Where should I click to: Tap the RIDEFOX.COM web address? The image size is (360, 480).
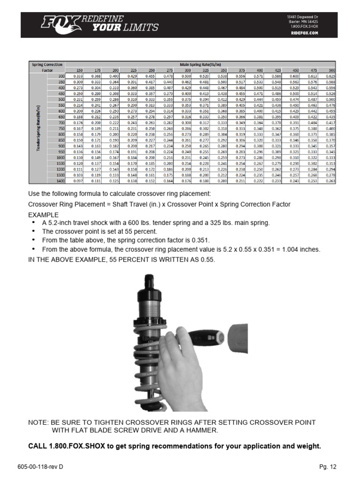click(304, 33)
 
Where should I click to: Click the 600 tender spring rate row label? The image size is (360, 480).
click(60, 111)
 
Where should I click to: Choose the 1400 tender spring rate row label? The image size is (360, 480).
click(60, 181)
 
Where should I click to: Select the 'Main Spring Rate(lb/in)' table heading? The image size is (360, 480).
click(201, 65)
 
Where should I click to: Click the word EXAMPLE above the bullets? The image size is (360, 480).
click(44, 214)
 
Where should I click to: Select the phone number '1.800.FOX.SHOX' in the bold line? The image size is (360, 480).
click(77, 446)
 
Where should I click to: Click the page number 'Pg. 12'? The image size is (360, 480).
click(328, 467)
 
